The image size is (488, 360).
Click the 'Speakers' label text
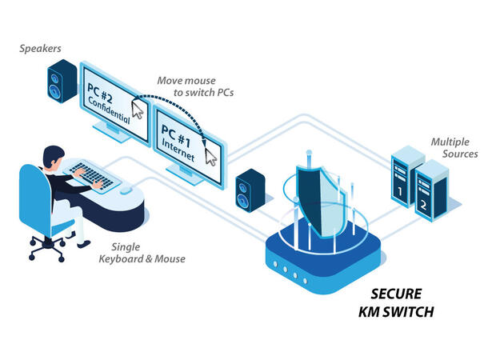tap(40, 50)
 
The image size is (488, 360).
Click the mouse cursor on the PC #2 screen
tap(138, 110)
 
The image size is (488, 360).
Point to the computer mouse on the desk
tap(126, 190)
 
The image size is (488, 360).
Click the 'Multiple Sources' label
tap(454, 147)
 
